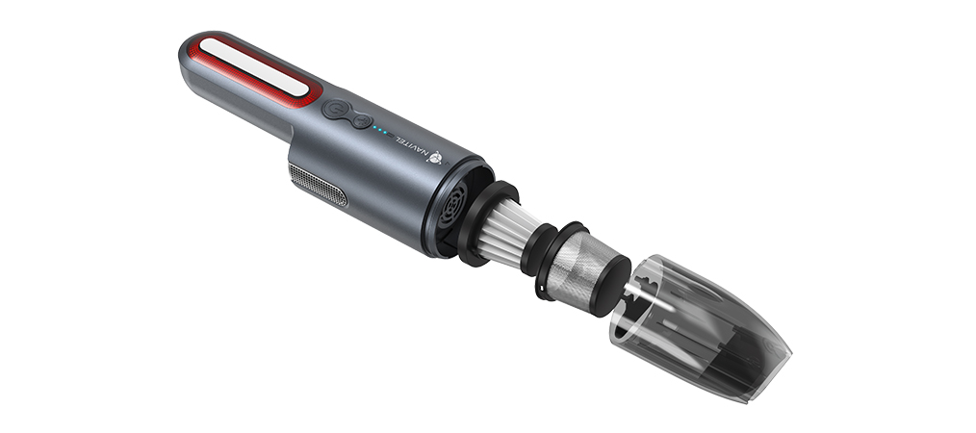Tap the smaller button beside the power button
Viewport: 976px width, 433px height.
coord(361,121)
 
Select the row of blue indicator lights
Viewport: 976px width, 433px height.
coord(382,131)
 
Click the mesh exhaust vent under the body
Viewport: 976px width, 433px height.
coord(318,185)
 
